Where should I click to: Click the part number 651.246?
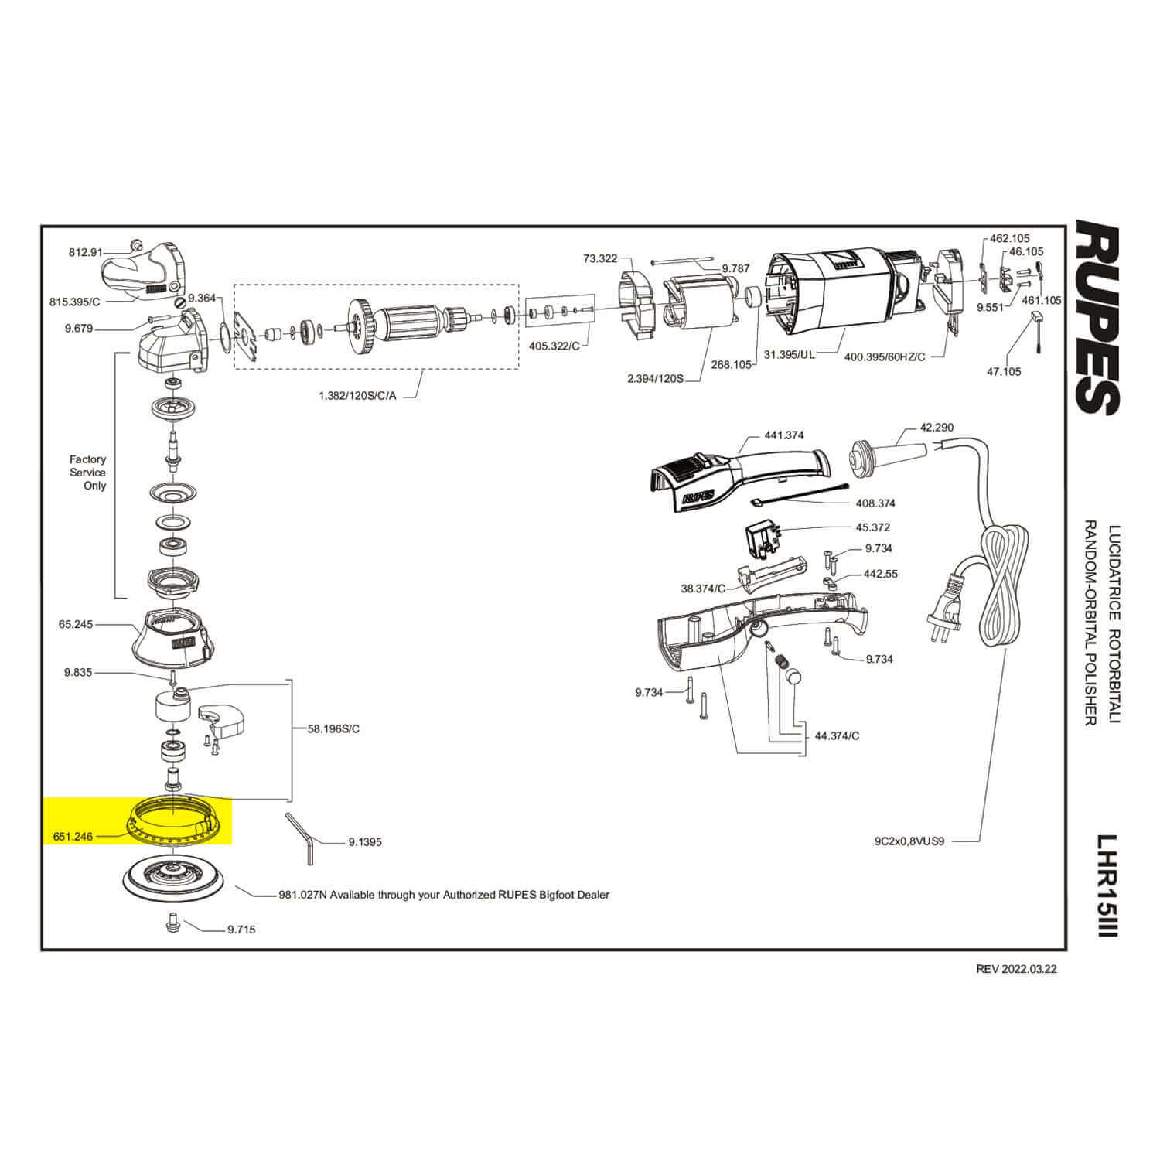click(73, 836)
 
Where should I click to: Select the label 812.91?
click(85, 251)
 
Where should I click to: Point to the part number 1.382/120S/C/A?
click(357, 396)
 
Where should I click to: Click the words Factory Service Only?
click(87, 473)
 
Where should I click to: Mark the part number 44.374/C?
click(838, 735)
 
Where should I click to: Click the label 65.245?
click(76, 624)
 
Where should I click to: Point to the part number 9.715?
click(241, 930)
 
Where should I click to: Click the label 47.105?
click(1004, 372)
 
